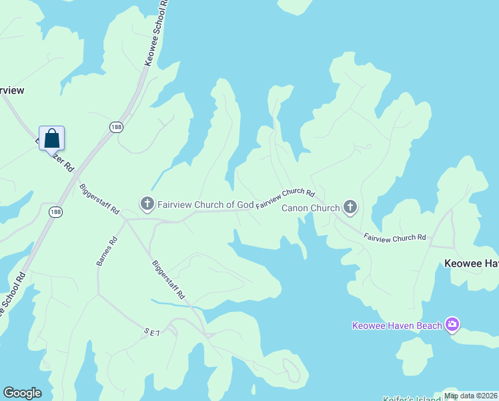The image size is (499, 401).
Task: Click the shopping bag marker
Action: pos(51,139)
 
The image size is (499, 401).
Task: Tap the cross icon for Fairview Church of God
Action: pos(146,203)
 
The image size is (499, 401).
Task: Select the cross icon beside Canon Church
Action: pos(350,207)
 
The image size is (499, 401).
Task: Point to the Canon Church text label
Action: pos(311,208)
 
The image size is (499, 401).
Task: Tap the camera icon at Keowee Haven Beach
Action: pos(452,325)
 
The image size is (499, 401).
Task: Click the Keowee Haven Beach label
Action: pos(397,325)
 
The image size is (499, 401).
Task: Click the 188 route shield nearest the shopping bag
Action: pos(117,126)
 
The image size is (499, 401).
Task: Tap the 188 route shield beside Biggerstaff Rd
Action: pos(56,211)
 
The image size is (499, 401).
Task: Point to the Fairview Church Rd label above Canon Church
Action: pos(285,198)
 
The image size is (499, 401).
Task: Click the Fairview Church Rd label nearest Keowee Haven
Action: pos(394,237)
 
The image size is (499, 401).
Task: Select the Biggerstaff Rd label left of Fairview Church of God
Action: pos(99,198)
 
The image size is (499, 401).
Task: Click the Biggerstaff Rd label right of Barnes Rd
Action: pos(168,279)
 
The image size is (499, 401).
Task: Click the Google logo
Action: pos(22,393)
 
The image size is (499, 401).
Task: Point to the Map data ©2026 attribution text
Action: pos(470,396)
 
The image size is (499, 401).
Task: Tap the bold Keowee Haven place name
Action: pos(471,264)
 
